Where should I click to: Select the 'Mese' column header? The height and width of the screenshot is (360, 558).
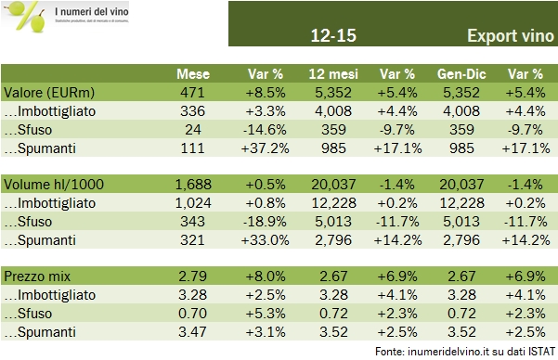click(x=196, y=74)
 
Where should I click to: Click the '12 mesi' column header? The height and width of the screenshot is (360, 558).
click(x=331, y=74)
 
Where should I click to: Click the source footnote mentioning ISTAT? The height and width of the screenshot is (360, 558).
click(x=465, y=351)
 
